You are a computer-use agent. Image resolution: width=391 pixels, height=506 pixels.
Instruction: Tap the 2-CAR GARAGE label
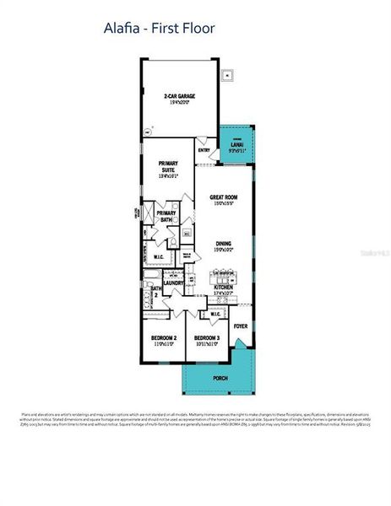179,97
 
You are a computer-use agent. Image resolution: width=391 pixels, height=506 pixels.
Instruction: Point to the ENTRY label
204,150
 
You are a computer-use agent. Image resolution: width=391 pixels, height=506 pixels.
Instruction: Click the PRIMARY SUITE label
169,170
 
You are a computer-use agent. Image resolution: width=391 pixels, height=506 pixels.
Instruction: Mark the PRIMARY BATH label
166,216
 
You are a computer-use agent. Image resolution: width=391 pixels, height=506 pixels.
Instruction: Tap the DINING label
223,244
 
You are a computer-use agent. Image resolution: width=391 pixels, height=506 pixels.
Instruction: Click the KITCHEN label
224,288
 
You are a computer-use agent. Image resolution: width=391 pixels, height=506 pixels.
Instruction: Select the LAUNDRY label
174,283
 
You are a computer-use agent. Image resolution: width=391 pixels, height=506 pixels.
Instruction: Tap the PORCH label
220,378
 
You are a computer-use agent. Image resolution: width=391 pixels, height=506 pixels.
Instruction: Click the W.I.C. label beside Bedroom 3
215,315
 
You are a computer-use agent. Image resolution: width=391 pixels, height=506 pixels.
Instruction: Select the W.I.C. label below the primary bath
159,256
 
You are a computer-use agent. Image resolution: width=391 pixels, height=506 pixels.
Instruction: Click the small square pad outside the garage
227,76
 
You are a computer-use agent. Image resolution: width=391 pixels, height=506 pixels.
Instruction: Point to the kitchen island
224,276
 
